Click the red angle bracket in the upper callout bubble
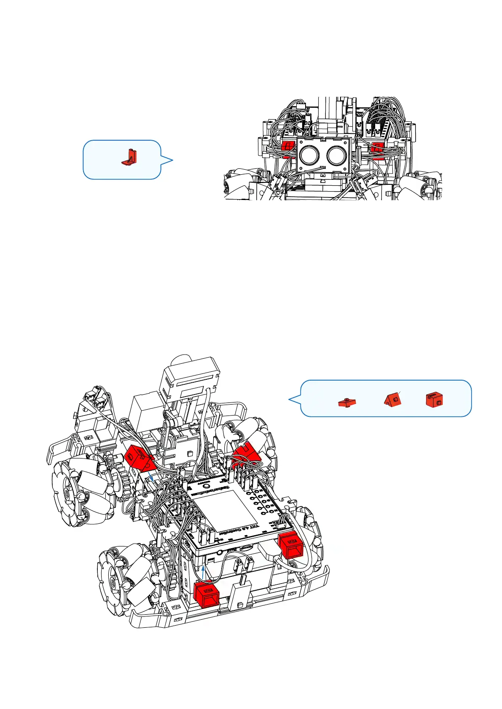pyautogui.click(x=130, y=157)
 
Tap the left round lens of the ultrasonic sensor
pyautogui.click(x=310, y=156)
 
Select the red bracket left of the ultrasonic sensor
pyautogui.click(x=288, y=147)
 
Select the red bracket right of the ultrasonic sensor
pyautogui.click(x=377, y=147)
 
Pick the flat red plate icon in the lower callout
pyautogui.click(x=347, y=402)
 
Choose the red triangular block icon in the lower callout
pyautogui.click(x=392, y=398)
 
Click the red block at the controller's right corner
pyautogui.click(x=290, y=545)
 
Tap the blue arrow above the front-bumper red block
pyautogui.click(x=204, y=572)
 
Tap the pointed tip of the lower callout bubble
pyautogui.click(x=289, y=399)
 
